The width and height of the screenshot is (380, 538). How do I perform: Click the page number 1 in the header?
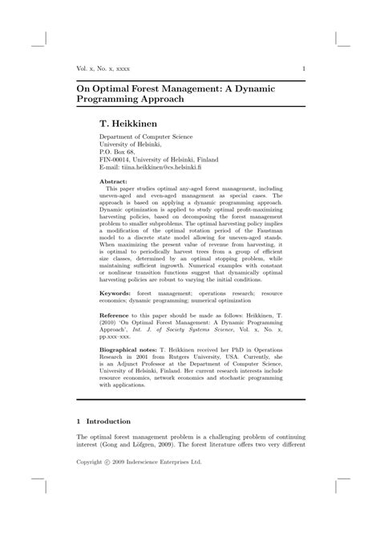(303, 69)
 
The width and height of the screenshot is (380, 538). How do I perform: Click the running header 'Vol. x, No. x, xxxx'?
(105, 69)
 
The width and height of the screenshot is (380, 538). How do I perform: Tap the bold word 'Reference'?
(117, 318)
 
